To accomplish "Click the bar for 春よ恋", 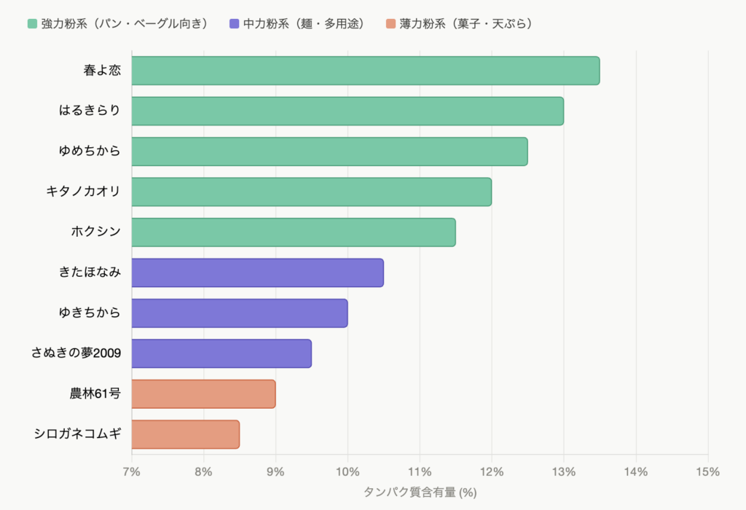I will tap(365, 71).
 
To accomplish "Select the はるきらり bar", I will tap(348, 111).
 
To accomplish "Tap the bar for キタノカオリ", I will tap(311, 192).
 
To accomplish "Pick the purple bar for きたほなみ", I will tap(257, 272).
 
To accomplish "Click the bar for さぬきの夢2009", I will tap(221, 353).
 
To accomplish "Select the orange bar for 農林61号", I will tap(203, 394).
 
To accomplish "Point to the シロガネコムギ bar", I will tap(185, 434).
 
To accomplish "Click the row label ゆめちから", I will tap(90, 152).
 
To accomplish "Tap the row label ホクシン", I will tap(95, 232).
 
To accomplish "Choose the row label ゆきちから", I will tap(90, 313).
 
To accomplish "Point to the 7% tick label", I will tap(132, 471).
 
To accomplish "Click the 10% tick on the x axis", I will tap(348, 471).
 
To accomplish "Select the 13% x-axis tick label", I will tap(563, 471).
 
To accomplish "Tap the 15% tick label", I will tap(707, 471).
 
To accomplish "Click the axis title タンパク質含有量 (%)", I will tap(420, 493).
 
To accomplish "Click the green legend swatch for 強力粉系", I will tap(32, 24).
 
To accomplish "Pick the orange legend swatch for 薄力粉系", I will tap(390, 24).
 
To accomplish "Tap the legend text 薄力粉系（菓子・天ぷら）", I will tap(467, 24).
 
